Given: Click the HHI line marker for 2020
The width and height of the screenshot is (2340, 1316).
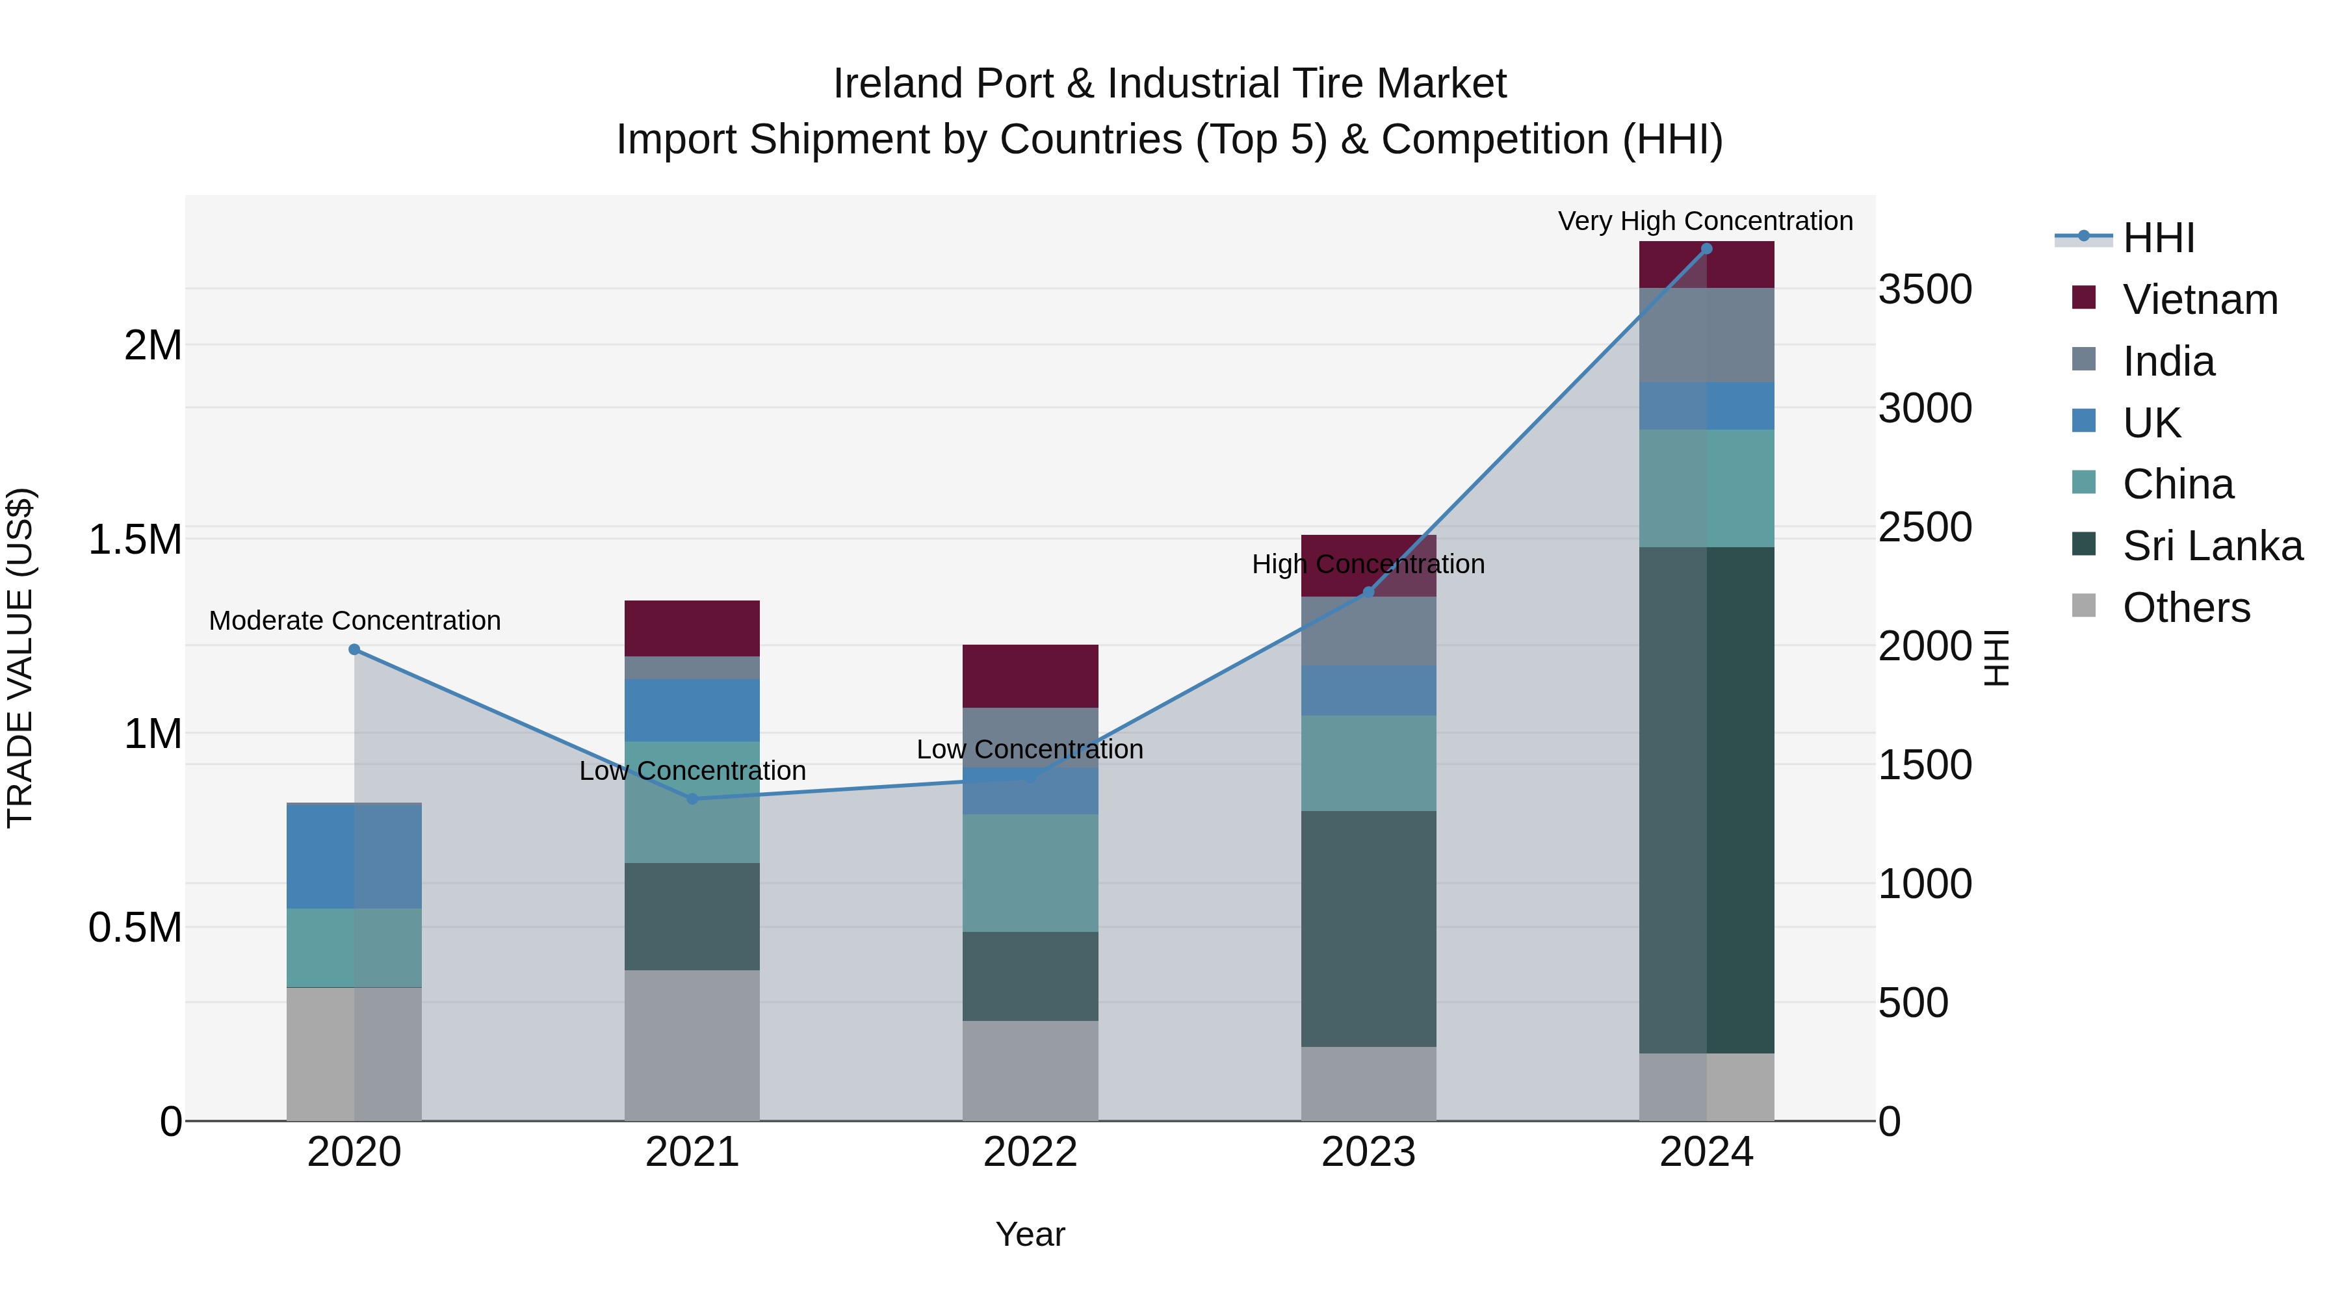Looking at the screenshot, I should coord(354,649).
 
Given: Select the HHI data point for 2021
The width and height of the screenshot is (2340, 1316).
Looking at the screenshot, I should coord(692,798).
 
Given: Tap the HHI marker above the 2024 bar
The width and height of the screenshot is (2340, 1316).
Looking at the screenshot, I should coord(1706,249).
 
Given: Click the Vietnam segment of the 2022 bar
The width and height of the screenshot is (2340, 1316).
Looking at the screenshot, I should coord(1030,676).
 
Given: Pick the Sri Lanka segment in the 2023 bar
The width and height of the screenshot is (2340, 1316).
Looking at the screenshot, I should coord(1368,928).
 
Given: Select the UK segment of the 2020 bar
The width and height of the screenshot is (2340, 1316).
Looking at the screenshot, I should coord(354,857).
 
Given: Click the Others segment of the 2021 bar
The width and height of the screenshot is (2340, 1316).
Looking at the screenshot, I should coord(692,1044).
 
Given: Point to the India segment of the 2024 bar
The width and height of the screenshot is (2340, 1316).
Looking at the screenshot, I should coord(1706,335).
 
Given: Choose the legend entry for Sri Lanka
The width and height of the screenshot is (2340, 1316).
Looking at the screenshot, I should coord(2212,546).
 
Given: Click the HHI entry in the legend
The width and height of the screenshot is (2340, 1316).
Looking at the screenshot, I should coord(2158,238).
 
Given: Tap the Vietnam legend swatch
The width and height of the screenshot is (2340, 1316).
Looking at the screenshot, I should coord(2084,298).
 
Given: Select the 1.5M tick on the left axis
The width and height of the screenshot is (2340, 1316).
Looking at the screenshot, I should coord(135,539).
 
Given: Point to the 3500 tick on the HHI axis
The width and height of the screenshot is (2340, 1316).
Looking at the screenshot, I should coord(1925,290).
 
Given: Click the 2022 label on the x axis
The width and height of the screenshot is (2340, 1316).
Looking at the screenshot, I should coord(1030,1152).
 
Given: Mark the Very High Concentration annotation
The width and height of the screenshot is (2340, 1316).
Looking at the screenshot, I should coord(1705,221).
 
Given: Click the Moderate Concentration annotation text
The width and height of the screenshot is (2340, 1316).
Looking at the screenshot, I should coord(354,621).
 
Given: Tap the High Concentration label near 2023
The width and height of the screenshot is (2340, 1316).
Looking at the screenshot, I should coord(1368,564).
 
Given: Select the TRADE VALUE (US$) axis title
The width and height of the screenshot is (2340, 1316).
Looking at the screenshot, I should coord(20,658).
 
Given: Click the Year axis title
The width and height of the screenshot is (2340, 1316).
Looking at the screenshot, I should coord(1030,1234).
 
